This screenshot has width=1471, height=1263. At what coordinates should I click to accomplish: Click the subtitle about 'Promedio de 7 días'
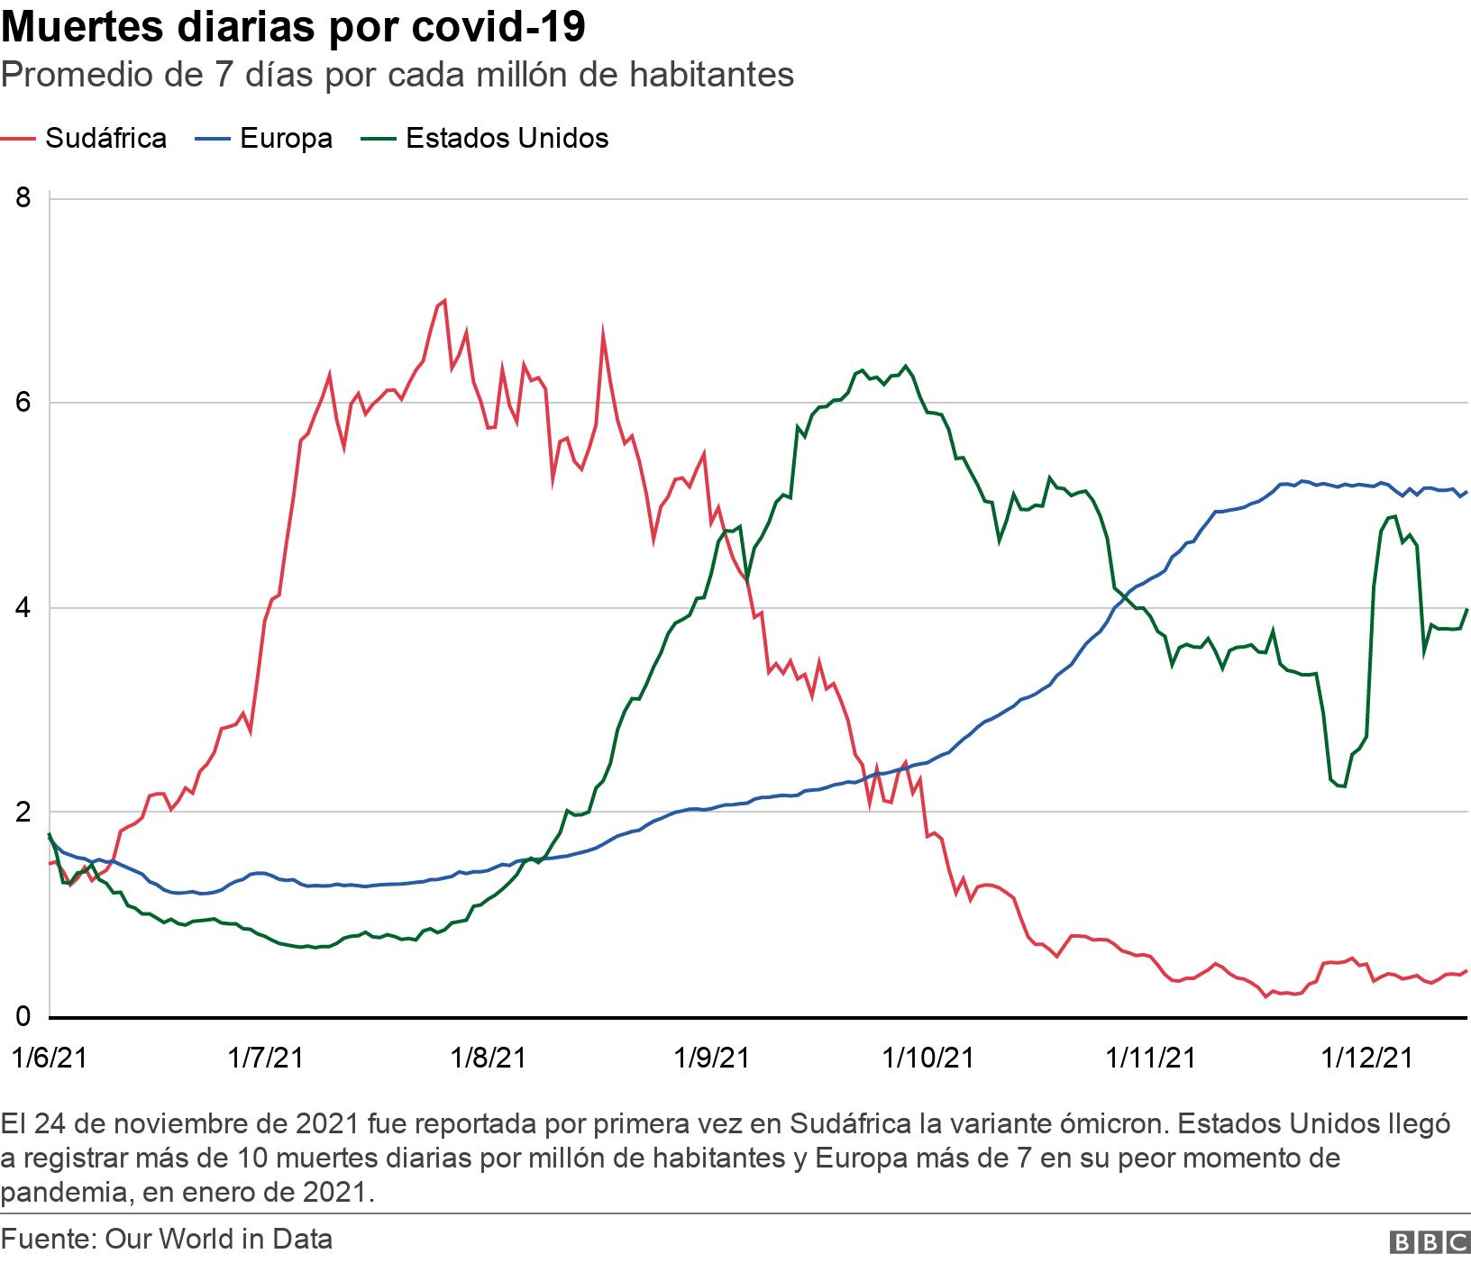click(x=397, y=75)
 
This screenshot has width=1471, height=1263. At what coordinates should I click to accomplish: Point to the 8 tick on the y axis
click(x=23, y=198)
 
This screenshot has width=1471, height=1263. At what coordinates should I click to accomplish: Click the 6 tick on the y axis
click(x=23, y=403)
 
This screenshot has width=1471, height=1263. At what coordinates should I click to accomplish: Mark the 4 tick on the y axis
click(x=23, y=608)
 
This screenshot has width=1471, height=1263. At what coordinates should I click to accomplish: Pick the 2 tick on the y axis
click(x=23, y=813)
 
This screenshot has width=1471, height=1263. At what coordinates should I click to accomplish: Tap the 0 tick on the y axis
click(x=23, y=1017)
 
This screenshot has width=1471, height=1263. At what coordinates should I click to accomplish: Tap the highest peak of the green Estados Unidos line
click(x=905, y=366)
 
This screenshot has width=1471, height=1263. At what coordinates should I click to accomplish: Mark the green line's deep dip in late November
click(x=1343, y=786)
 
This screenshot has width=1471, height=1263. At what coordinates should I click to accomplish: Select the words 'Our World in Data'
click(x=219, y=1240)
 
